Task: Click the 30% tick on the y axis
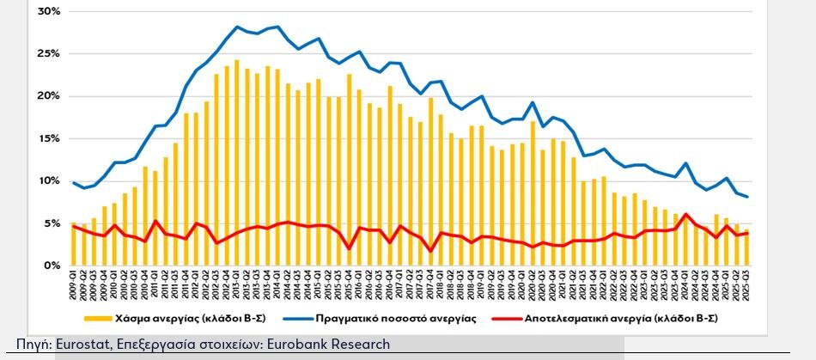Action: [x=48, y=11]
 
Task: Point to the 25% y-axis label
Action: [x=48, y=54]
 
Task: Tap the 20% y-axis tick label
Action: [x=48, y=96]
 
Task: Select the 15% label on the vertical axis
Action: [x=48, y=138]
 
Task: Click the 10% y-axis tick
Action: [x=48, y=180]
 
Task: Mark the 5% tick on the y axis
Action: [x=51, y=223]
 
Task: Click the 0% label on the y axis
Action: [x=51, y=265]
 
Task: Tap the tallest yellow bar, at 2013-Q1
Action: [x=236, y=163]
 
